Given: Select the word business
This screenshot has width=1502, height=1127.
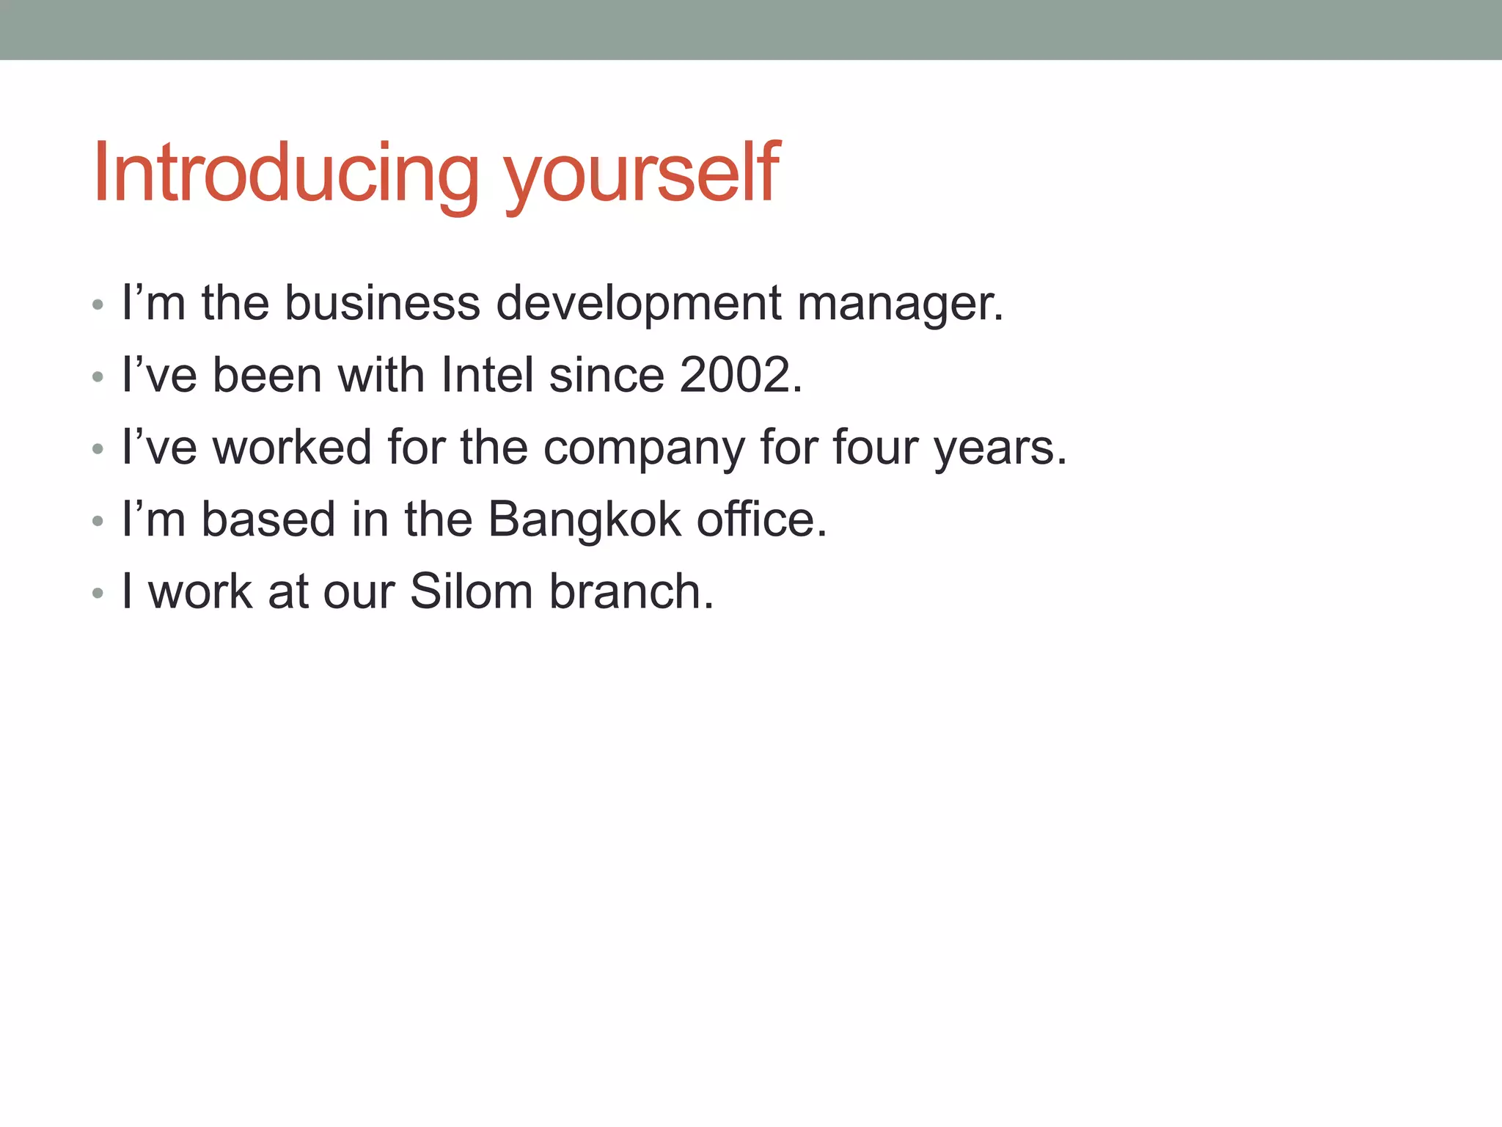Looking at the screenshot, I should coord(382,303).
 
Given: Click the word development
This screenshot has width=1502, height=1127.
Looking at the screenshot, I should coord(639,303).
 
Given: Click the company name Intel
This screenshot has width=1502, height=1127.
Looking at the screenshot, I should coord(488,375).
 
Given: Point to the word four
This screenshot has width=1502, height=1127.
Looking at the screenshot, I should coord(875,447).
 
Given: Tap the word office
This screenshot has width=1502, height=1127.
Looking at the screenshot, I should coord(761,519).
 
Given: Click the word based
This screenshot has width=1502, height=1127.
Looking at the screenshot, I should coord(268,519).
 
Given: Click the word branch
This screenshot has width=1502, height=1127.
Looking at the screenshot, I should coord(631,591).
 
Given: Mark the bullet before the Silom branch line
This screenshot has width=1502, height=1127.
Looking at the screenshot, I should coord(98,593).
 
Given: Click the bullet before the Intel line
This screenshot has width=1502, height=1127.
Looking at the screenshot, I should coord(98,377).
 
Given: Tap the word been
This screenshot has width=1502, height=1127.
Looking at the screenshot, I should coord(267,375).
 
